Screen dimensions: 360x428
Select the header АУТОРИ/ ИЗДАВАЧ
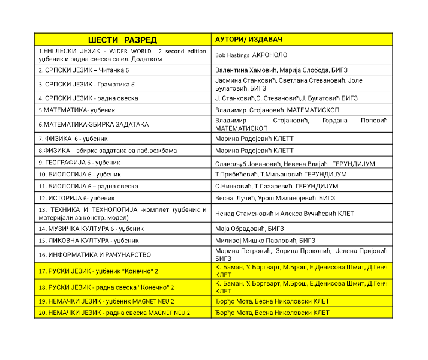pyautogui.click(x=248, y=40)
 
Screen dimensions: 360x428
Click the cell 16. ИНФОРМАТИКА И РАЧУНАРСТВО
pyautogui.click(x=94, y=254)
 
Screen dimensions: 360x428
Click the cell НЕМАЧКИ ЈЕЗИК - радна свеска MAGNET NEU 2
pyautogui.click(x=114, y=313)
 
